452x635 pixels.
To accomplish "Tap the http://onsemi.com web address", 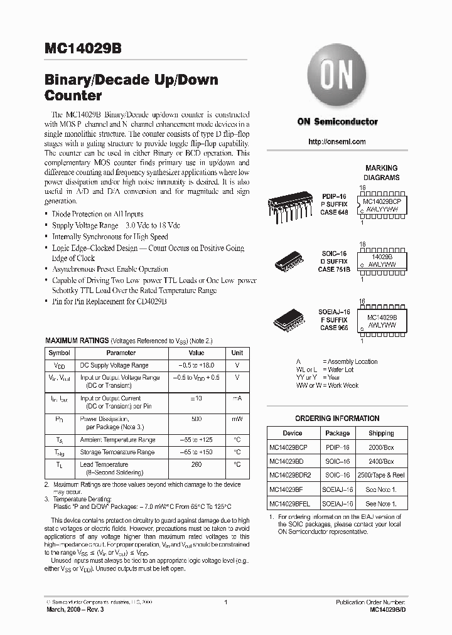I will tap(337, 142).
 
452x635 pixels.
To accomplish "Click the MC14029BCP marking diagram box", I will tap(382, 203).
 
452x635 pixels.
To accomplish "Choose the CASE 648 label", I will tap(333, 213).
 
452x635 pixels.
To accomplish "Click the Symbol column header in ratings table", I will tap(60, 353).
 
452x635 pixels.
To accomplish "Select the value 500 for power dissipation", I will tap(196, 419).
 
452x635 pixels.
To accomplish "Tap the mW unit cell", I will tap(237, 419).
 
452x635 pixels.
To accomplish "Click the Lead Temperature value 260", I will tap(196, 465).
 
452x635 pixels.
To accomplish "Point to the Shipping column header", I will tap(381, 433).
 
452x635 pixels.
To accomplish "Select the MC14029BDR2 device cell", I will tap(293, 475).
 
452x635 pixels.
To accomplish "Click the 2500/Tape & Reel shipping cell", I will tap(381, 475).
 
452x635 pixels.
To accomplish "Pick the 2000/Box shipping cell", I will tap(381, 447).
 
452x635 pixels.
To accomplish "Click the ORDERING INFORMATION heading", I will tap(337, 419).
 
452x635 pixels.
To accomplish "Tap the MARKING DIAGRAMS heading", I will tap(381, 173).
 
